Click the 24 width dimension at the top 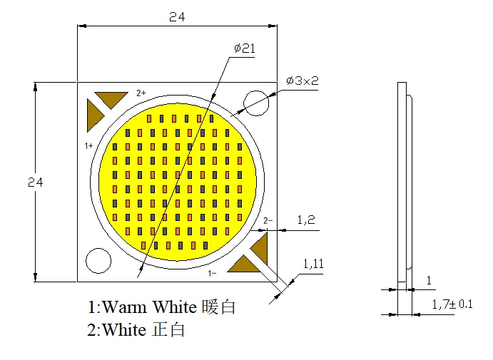point(177,18)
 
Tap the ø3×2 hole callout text point(303,81)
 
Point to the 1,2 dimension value point(306,221)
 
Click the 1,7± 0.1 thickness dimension point(452,304)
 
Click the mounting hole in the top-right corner point(255,103)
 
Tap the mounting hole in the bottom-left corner point(98,260)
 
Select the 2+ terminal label point(141,93)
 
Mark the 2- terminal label point(268,221)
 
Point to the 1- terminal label point(212,273)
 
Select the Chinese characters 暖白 point(219,307)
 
